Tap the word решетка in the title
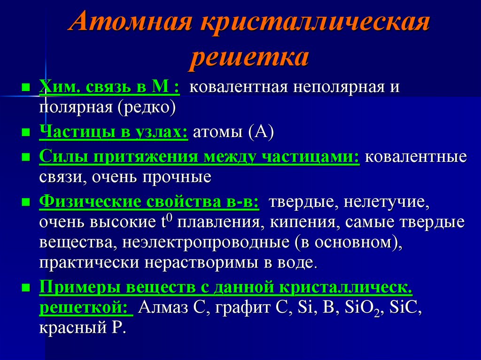point(249,58)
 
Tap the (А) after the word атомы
point(258,132)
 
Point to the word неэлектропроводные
point(207,243)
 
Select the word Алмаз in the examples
point(162,308)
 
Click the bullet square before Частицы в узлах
point(26,132)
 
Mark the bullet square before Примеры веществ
point(26,287)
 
